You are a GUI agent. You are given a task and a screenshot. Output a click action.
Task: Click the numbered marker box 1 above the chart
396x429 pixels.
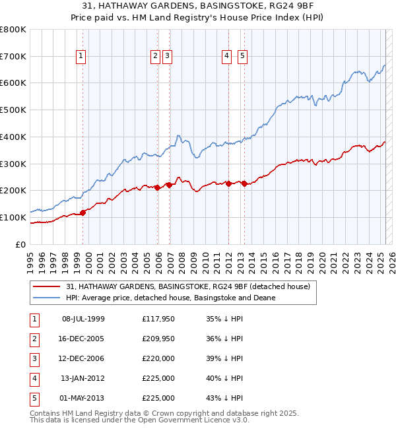click(81, 57)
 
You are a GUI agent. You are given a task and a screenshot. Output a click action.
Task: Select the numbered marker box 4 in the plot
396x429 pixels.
click(226, 57)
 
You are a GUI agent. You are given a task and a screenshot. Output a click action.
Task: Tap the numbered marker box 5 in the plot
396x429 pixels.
click(243, 57)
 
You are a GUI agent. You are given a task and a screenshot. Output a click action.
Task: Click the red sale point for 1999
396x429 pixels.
click(83, 213)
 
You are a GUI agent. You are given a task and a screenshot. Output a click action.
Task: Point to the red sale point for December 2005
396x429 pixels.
click(158, 187)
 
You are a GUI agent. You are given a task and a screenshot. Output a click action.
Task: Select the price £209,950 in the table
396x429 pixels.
click(158, 339)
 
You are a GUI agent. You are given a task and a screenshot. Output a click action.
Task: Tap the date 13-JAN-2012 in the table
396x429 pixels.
click(83, 378)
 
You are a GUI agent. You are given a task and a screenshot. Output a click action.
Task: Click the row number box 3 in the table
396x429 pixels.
click(33, 358)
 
